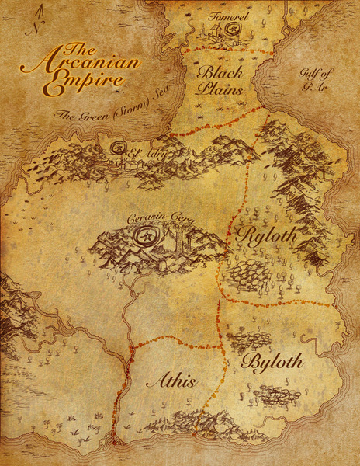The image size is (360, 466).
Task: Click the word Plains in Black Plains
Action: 222,89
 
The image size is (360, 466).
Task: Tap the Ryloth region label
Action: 262,235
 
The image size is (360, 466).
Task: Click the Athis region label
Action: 169,380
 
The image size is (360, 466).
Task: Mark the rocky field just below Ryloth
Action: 247,274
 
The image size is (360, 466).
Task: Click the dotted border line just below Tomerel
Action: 233,51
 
